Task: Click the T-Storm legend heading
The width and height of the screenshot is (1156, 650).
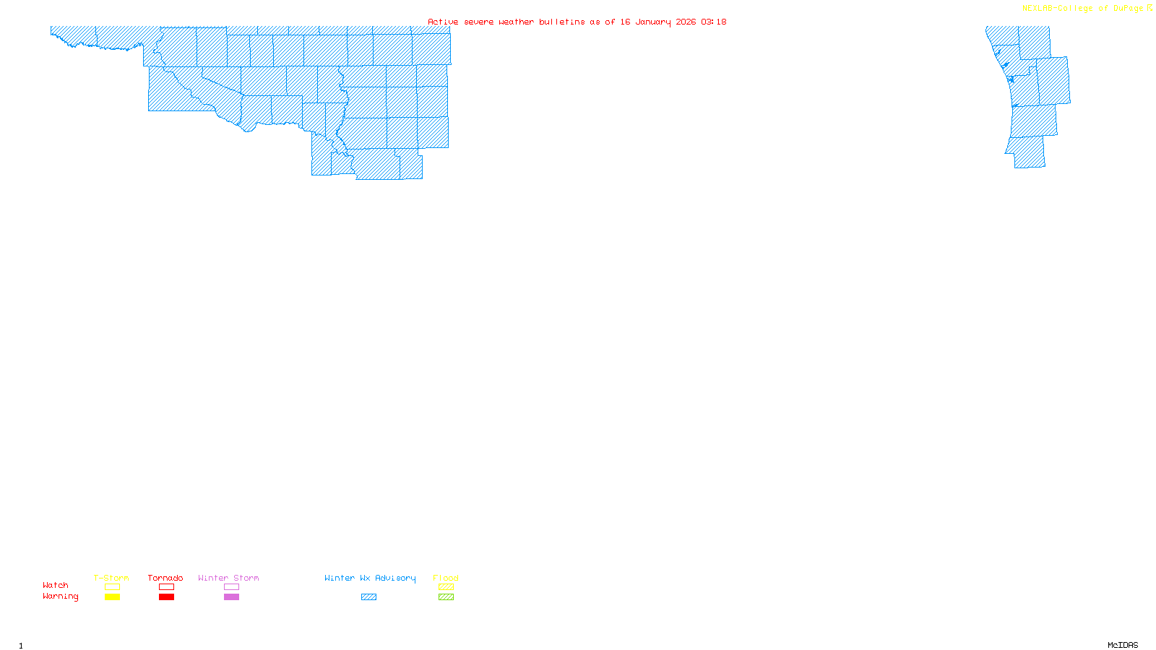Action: pos(111,578)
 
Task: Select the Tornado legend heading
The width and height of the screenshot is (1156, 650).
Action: pos(165,578)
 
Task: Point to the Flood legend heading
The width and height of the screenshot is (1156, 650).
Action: pos(446,578)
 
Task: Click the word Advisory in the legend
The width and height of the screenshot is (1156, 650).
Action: pos(395,578)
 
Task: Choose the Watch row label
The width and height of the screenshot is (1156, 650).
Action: pos(56,586)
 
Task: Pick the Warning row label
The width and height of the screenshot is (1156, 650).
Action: pos(61,597)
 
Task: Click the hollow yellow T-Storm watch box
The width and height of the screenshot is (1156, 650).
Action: pos(112,587)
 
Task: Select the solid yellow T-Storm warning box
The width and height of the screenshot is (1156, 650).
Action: pos(112,597)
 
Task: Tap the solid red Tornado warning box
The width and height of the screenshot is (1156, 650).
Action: pos(167,597)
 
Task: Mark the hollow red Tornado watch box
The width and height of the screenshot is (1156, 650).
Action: pos(167,587)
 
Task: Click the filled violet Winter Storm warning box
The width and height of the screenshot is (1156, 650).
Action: pos(231,597)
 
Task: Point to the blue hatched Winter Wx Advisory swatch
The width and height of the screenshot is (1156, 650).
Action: pos(368,597)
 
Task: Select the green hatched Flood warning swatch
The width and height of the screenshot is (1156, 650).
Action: pos(447,597)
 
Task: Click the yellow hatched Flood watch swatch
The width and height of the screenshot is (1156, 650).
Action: pos(447,587)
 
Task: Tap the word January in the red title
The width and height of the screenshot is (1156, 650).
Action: pos(653,22)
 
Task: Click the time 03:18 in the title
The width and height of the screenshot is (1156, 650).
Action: pos(713,22)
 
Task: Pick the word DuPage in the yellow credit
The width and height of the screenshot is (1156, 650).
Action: pos(1128,9)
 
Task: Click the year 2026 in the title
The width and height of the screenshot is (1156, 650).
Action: pos(686,22)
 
